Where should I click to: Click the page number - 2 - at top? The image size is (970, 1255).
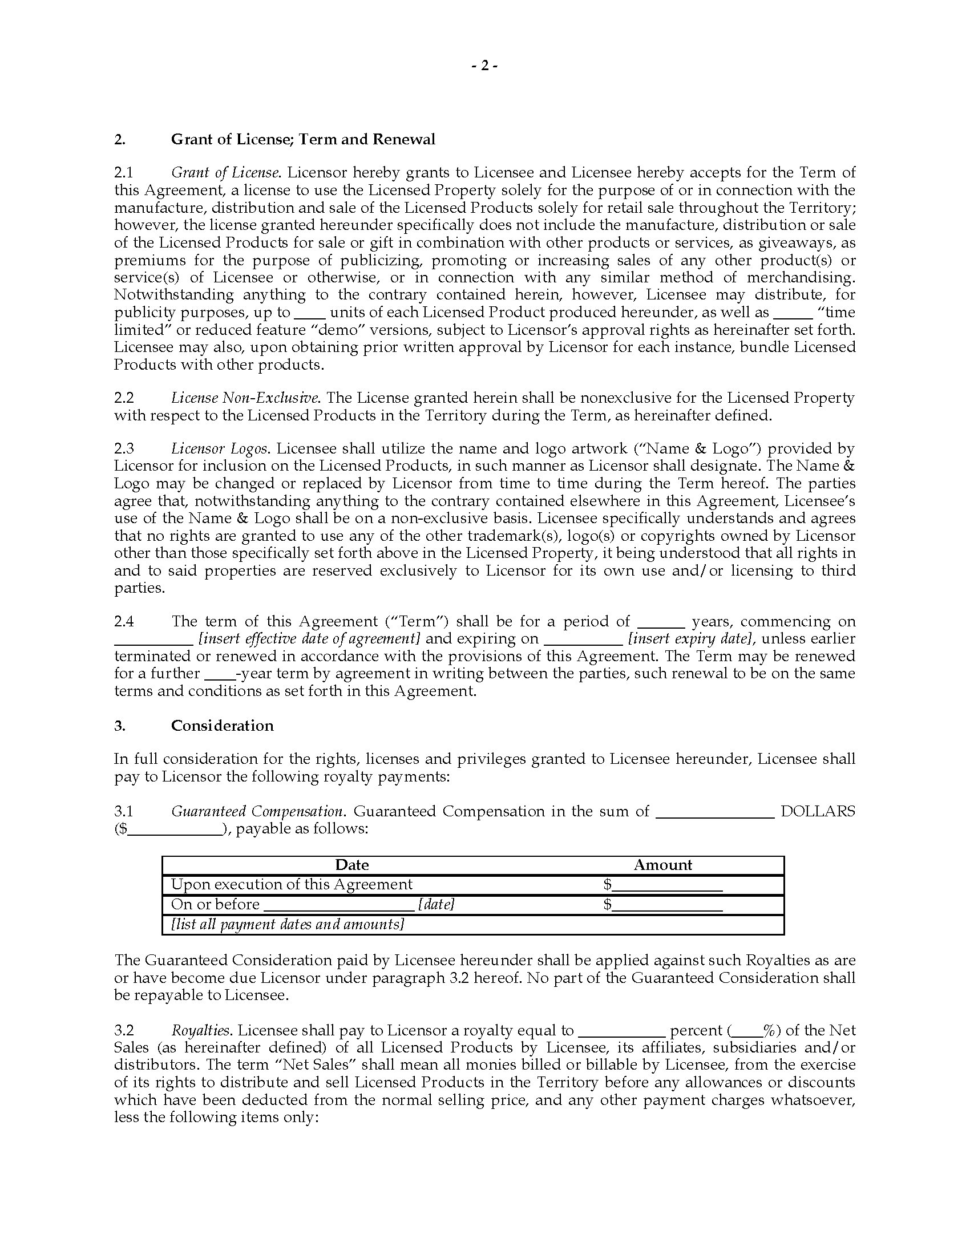click(484, 66)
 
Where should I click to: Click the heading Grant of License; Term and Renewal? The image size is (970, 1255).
click(303, 139)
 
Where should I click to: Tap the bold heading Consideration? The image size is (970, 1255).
click(223, 726)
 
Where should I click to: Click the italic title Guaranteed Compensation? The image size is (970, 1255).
click(257, 811)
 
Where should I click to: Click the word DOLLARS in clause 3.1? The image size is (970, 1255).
click(817, 811)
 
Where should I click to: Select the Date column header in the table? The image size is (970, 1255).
click(351, 865)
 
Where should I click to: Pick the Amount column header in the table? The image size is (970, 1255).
click(662, 865)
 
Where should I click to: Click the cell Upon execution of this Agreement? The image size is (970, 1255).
click(292, 884)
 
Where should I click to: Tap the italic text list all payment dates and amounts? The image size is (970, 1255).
click(288, 924)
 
